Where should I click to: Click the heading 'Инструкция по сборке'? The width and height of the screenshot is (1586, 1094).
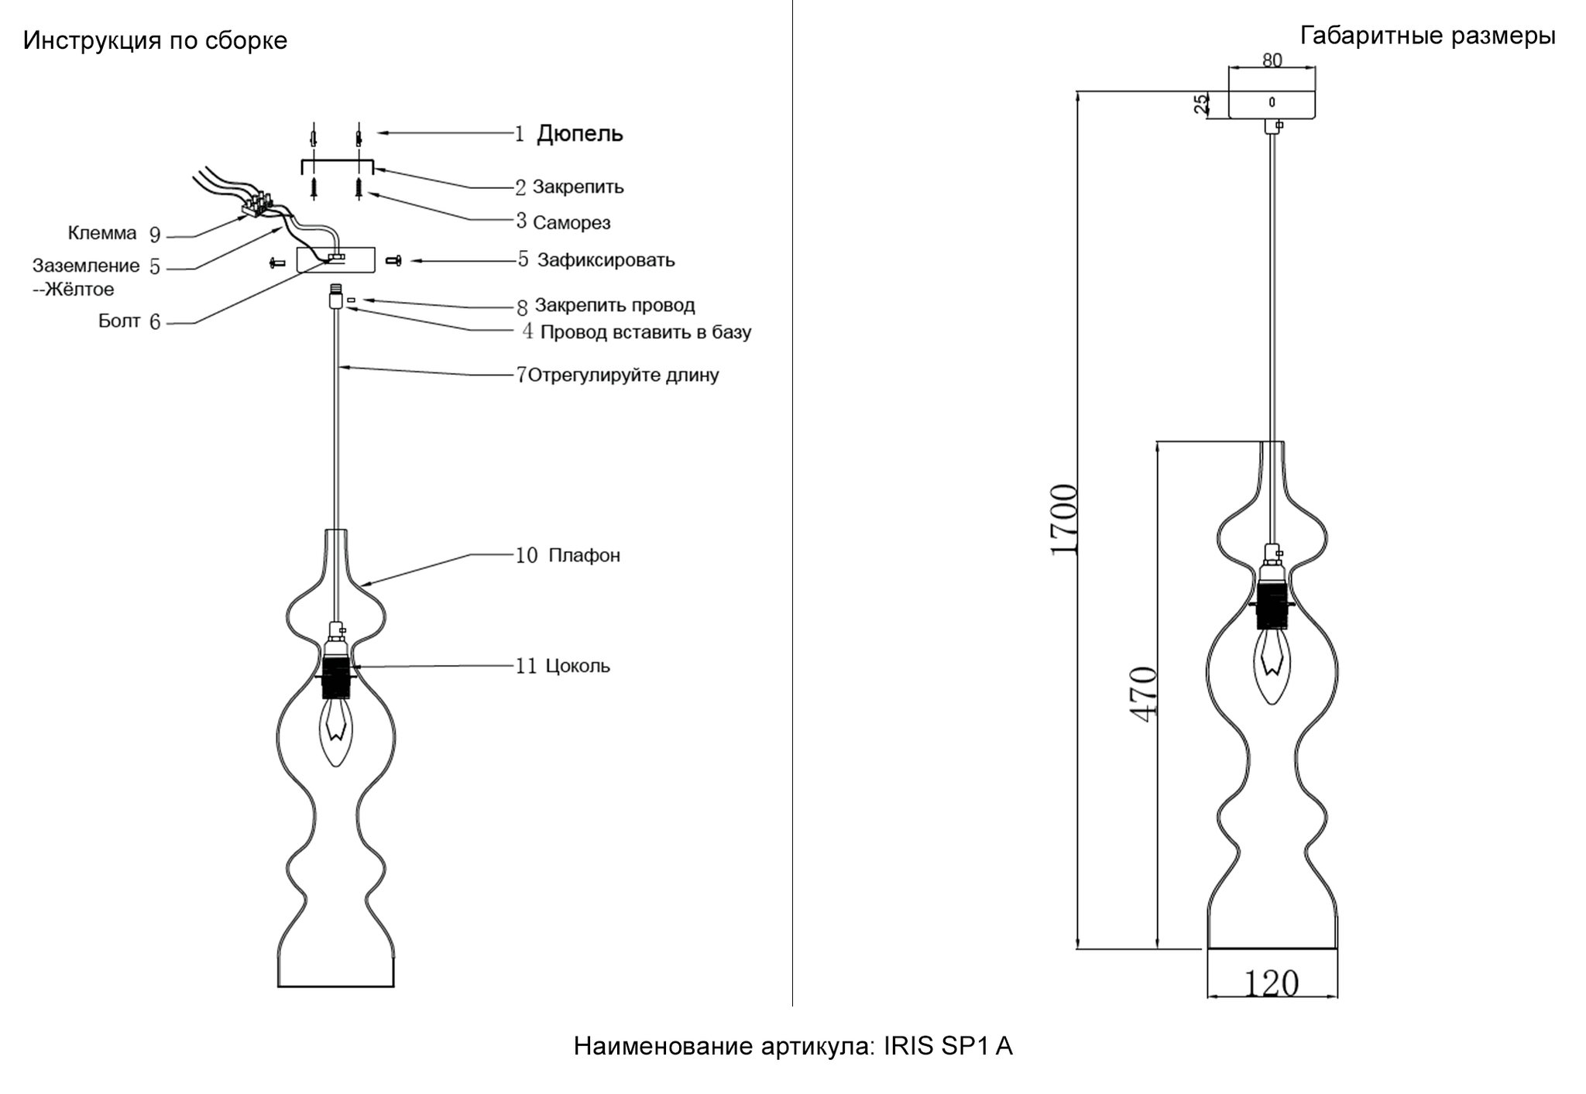point(155,41)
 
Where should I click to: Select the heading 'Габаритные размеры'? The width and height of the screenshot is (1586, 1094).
point(1427,36)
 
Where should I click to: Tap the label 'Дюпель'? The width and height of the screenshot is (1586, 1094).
point(580,134)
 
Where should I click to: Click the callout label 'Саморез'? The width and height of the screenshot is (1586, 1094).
point(572,223)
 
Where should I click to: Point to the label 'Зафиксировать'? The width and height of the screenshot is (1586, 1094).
point(606,260)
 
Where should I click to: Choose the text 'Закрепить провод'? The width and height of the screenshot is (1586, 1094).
point(614,305)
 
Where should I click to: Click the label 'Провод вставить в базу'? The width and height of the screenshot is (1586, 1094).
point(645,332)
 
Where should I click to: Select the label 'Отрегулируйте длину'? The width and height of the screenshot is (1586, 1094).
point(623,376)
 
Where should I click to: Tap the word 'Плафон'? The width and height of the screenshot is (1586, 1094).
point(584,555)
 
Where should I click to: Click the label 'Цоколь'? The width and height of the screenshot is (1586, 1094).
point(578,666)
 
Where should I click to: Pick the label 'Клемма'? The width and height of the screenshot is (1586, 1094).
point(102,233)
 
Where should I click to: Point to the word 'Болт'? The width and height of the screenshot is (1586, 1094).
point(119,321)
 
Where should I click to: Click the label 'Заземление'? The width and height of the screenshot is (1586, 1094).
point(86,266)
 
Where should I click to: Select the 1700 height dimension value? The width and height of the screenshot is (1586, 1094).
point(1064,519)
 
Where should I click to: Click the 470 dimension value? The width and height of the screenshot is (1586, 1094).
point(1144,694)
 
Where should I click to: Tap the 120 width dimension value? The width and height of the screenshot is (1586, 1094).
point(1271,983)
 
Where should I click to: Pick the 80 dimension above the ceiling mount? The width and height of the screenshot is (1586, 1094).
point(1272,60)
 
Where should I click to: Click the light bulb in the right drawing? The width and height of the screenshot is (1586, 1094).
point(1272,663)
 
